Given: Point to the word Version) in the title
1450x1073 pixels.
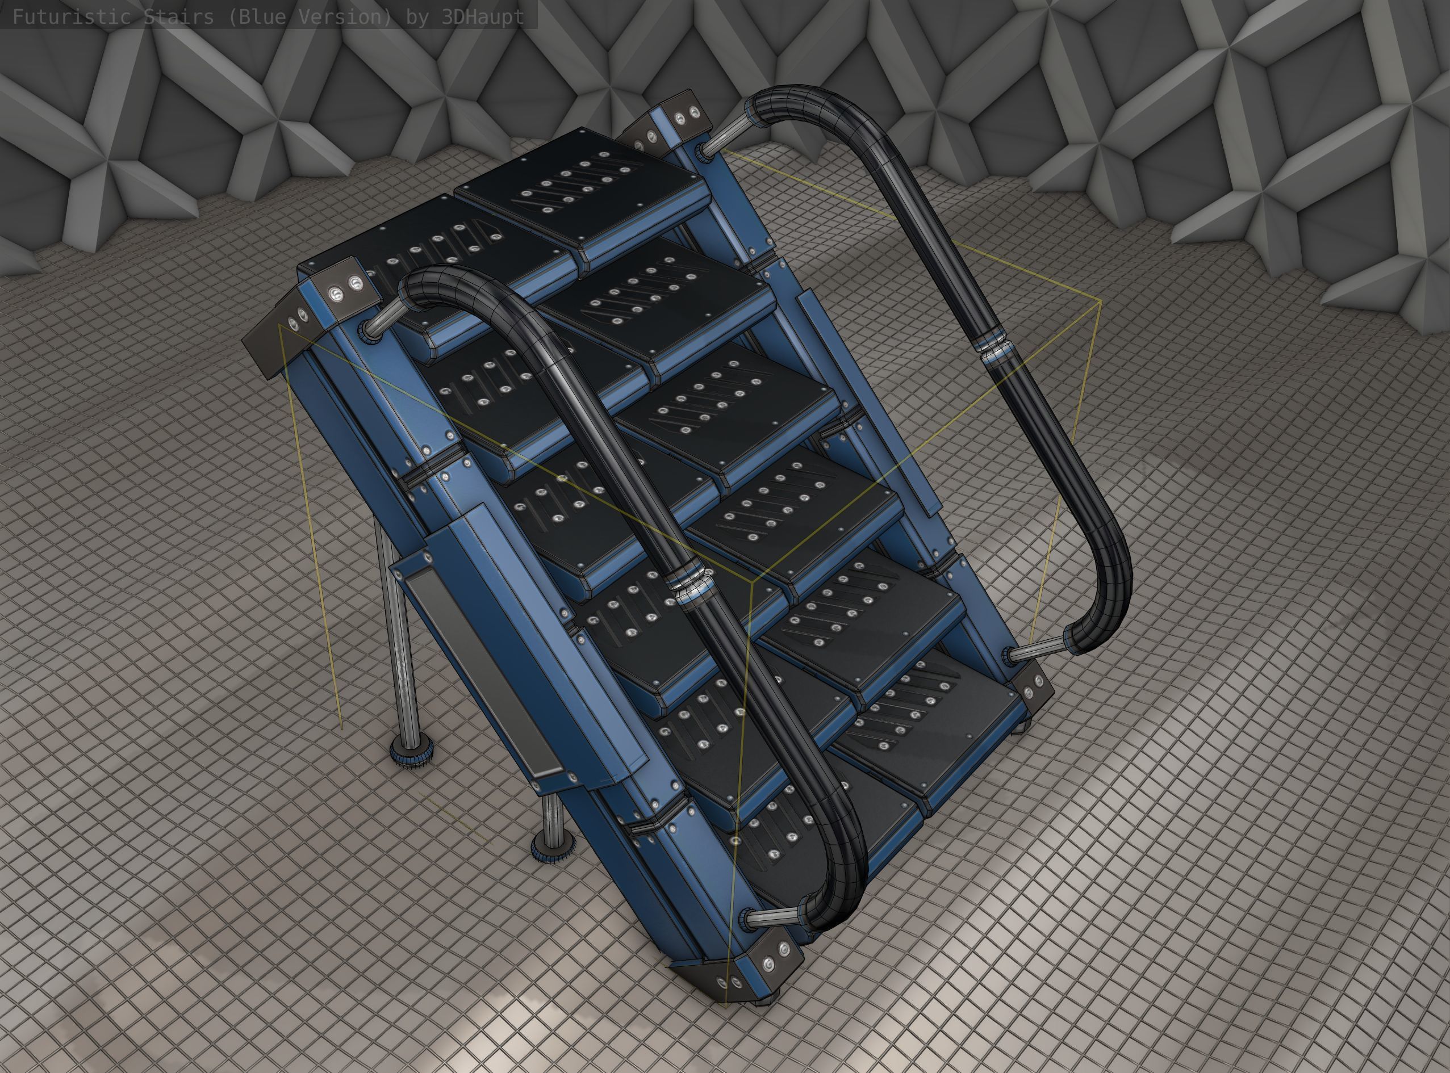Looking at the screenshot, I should tap(345, 16).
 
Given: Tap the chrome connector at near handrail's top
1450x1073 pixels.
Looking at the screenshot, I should tap(381, 319).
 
